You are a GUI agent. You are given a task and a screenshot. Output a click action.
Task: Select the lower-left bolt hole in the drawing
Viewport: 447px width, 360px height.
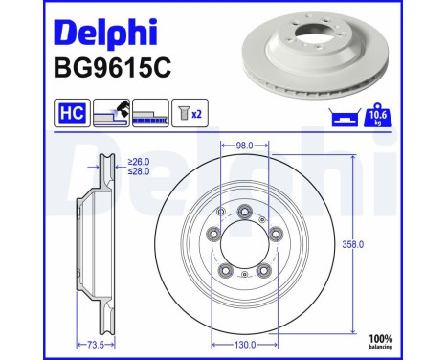(x=227, y=270)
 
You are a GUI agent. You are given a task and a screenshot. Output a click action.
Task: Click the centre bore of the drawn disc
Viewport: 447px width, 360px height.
(x=247, y=244)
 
